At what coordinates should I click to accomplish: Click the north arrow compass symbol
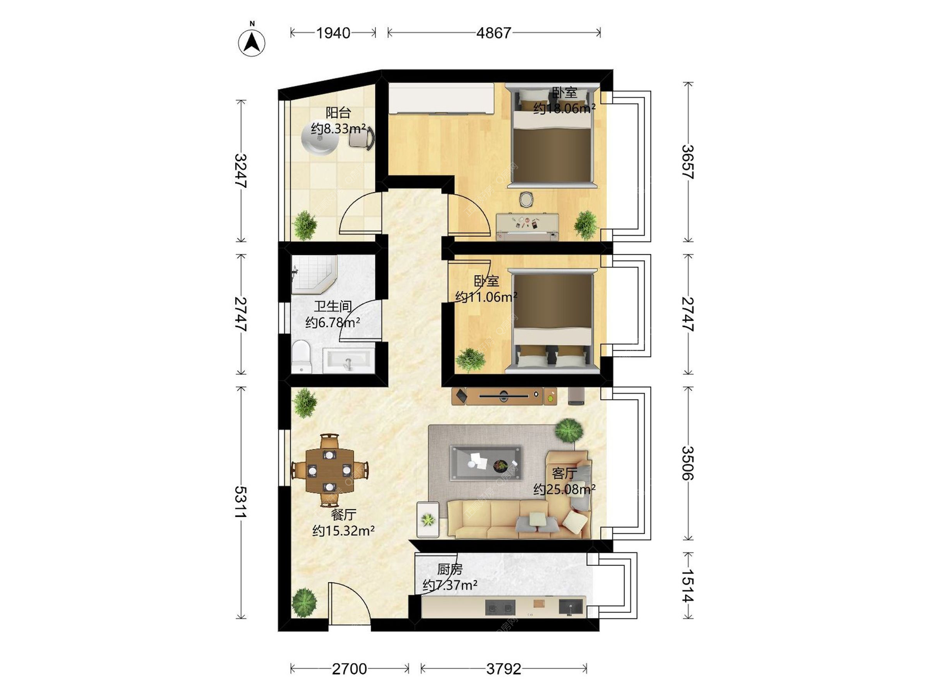click(x=252, y=42)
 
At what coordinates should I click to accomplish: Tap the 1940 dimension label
click(x=333, y=33)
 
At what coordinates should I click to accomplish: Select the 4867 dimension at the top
click(x=494, y=33)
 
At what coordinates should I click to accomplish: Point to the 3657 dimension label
click(x=688, y=162)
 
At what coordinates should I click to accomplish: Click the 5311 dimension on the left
click(x=241, y=502)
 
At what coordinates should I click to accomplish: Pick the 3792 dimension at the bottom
click(x=504, y=669)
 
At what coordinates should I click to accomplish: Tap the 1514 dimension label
click(x=688, y=586)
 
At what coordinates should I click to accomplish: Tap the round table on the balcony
click(x=320, y=138)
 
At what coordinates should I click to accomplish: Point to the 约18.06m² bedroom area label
click(x=564, y=108)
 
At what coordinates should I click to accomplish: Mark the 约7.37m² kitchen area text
click(x=450, y=586)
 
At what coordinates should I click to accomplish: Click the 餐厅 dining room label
click(x=344, y=515)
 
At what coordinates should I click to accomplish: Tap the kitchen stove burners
click(x=500, y=607)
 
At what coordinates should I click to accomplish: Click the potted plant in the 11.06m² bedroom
click(x=470, y=360)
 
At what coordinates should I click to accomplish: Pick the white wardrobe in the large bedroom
click(x=441, y=99)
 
